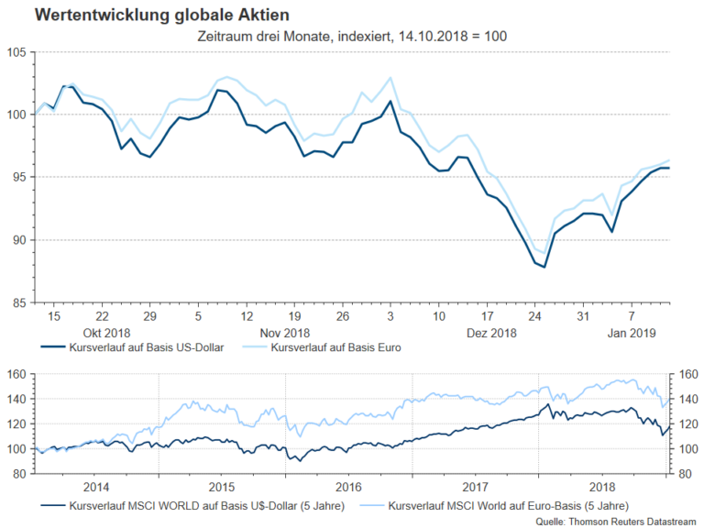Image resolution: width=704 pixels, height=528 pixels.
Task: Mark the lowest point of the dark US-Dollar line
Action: (544, 267)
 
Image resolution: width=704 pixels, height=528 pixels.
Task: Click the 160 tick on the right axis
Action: (687, 374)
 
